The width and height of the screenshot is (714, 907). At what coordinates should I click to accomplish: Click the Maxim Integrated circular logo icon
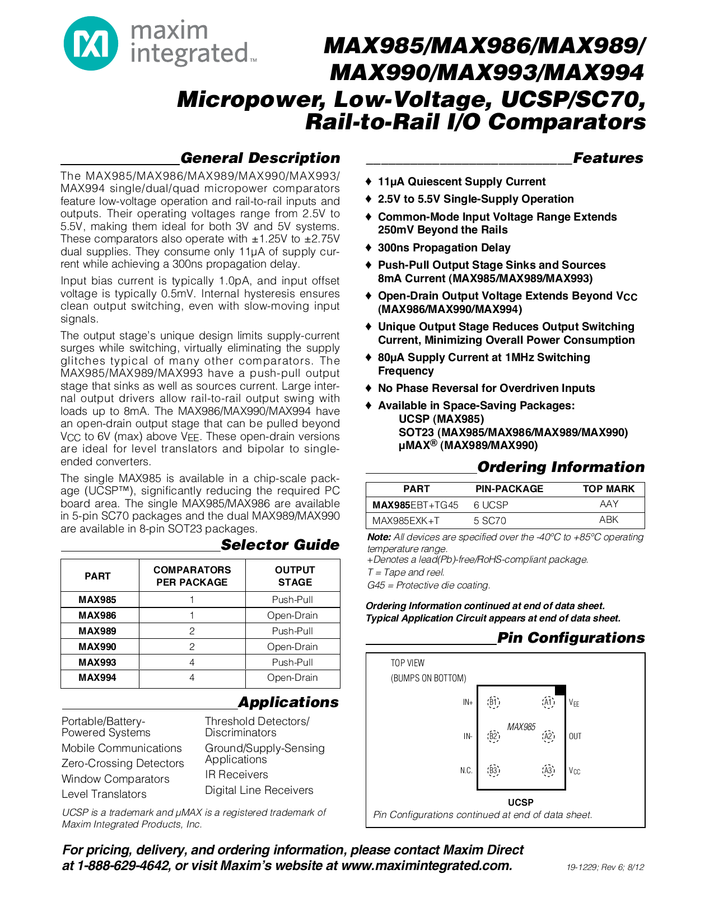(91, 43)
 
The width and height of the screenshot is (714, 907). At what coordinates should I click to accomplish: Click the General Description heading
(260, 158)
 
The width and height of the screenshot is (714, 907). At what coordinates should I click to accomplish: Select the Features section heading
(608, 158)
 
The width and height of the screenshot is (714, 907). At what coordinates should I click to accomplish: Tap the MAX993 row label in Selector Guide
(97, 662)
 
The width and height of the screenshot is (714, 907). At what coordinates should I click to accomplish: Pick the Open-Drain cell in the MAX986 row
(292, 615)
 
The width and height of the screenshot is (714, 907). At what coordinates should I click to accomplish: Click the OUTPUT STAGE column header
(295, 576)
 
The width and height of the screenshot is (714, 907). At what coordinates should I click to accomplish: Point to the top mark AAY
(609, 504)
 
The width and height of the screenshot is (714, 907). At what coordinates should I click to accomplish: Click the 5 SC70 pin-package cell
(490, 521)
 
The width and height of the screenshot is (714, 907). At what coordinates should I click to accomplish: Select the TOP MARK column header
(609, 489)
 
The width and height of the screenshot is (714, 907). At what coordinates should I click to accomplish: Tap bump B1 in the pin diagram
(493, 702)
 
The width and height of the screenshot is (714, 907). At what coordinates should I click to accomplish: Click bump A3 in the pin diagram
(548, 770)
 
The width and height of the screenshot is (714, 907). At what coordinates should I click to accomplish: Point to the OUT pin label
(575, 736)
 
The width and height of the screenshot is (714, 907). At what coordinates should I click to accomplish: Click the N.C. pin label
(466, 770)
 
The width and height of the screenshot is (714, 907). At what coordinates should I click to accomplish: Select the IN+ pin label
(468, 702)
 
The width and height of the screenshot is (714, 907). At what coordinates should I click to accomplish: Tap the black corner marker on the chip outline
(559, 690)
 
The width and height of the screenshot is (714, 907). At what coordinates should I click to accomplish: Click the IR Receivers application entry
(236, 774)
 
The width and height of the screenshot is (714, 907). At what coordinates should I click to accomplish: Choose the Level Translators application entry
(104, 794)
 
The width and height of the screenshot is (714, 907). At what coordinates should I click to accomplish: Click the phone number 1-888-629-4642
(123, 866)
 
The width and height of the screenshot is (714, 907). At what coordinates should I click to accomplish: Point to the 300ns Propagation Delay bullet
(444, 247)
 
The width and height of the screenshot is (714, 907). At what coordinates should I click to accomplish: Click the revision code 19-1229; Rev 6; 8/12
(605, 867)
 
